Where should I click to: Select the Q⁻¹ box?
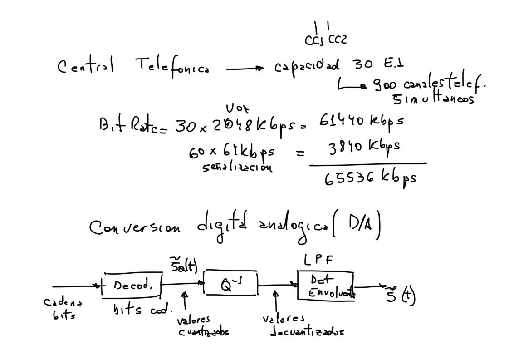(230, 285)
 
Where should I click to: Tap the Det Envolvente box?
(325, 285)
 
